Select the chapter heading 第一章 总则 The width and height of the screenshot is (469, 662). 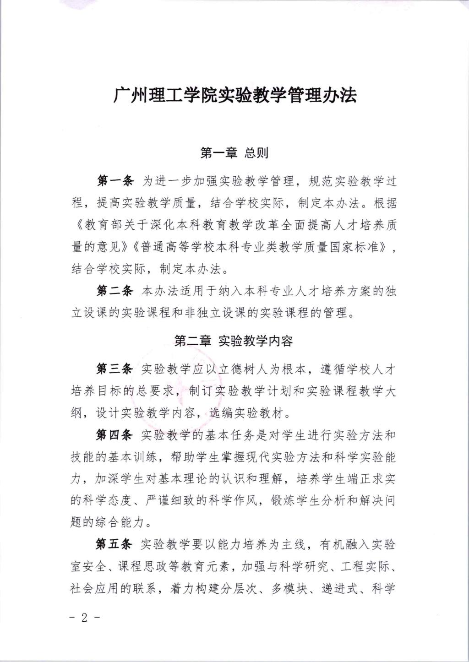tap(234, 153)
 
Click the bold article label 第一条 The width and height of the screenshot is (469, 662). tap(115, 181)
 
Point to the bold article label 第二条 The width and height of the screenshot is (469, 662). tap(115, 291)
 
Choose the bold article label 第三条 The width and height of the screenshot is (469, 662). tap(115, 369)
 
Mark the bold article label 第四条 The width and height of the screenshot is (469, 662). tap(114, 434)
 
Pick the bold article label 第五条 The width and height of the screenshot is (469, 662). tap(114, 544)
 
